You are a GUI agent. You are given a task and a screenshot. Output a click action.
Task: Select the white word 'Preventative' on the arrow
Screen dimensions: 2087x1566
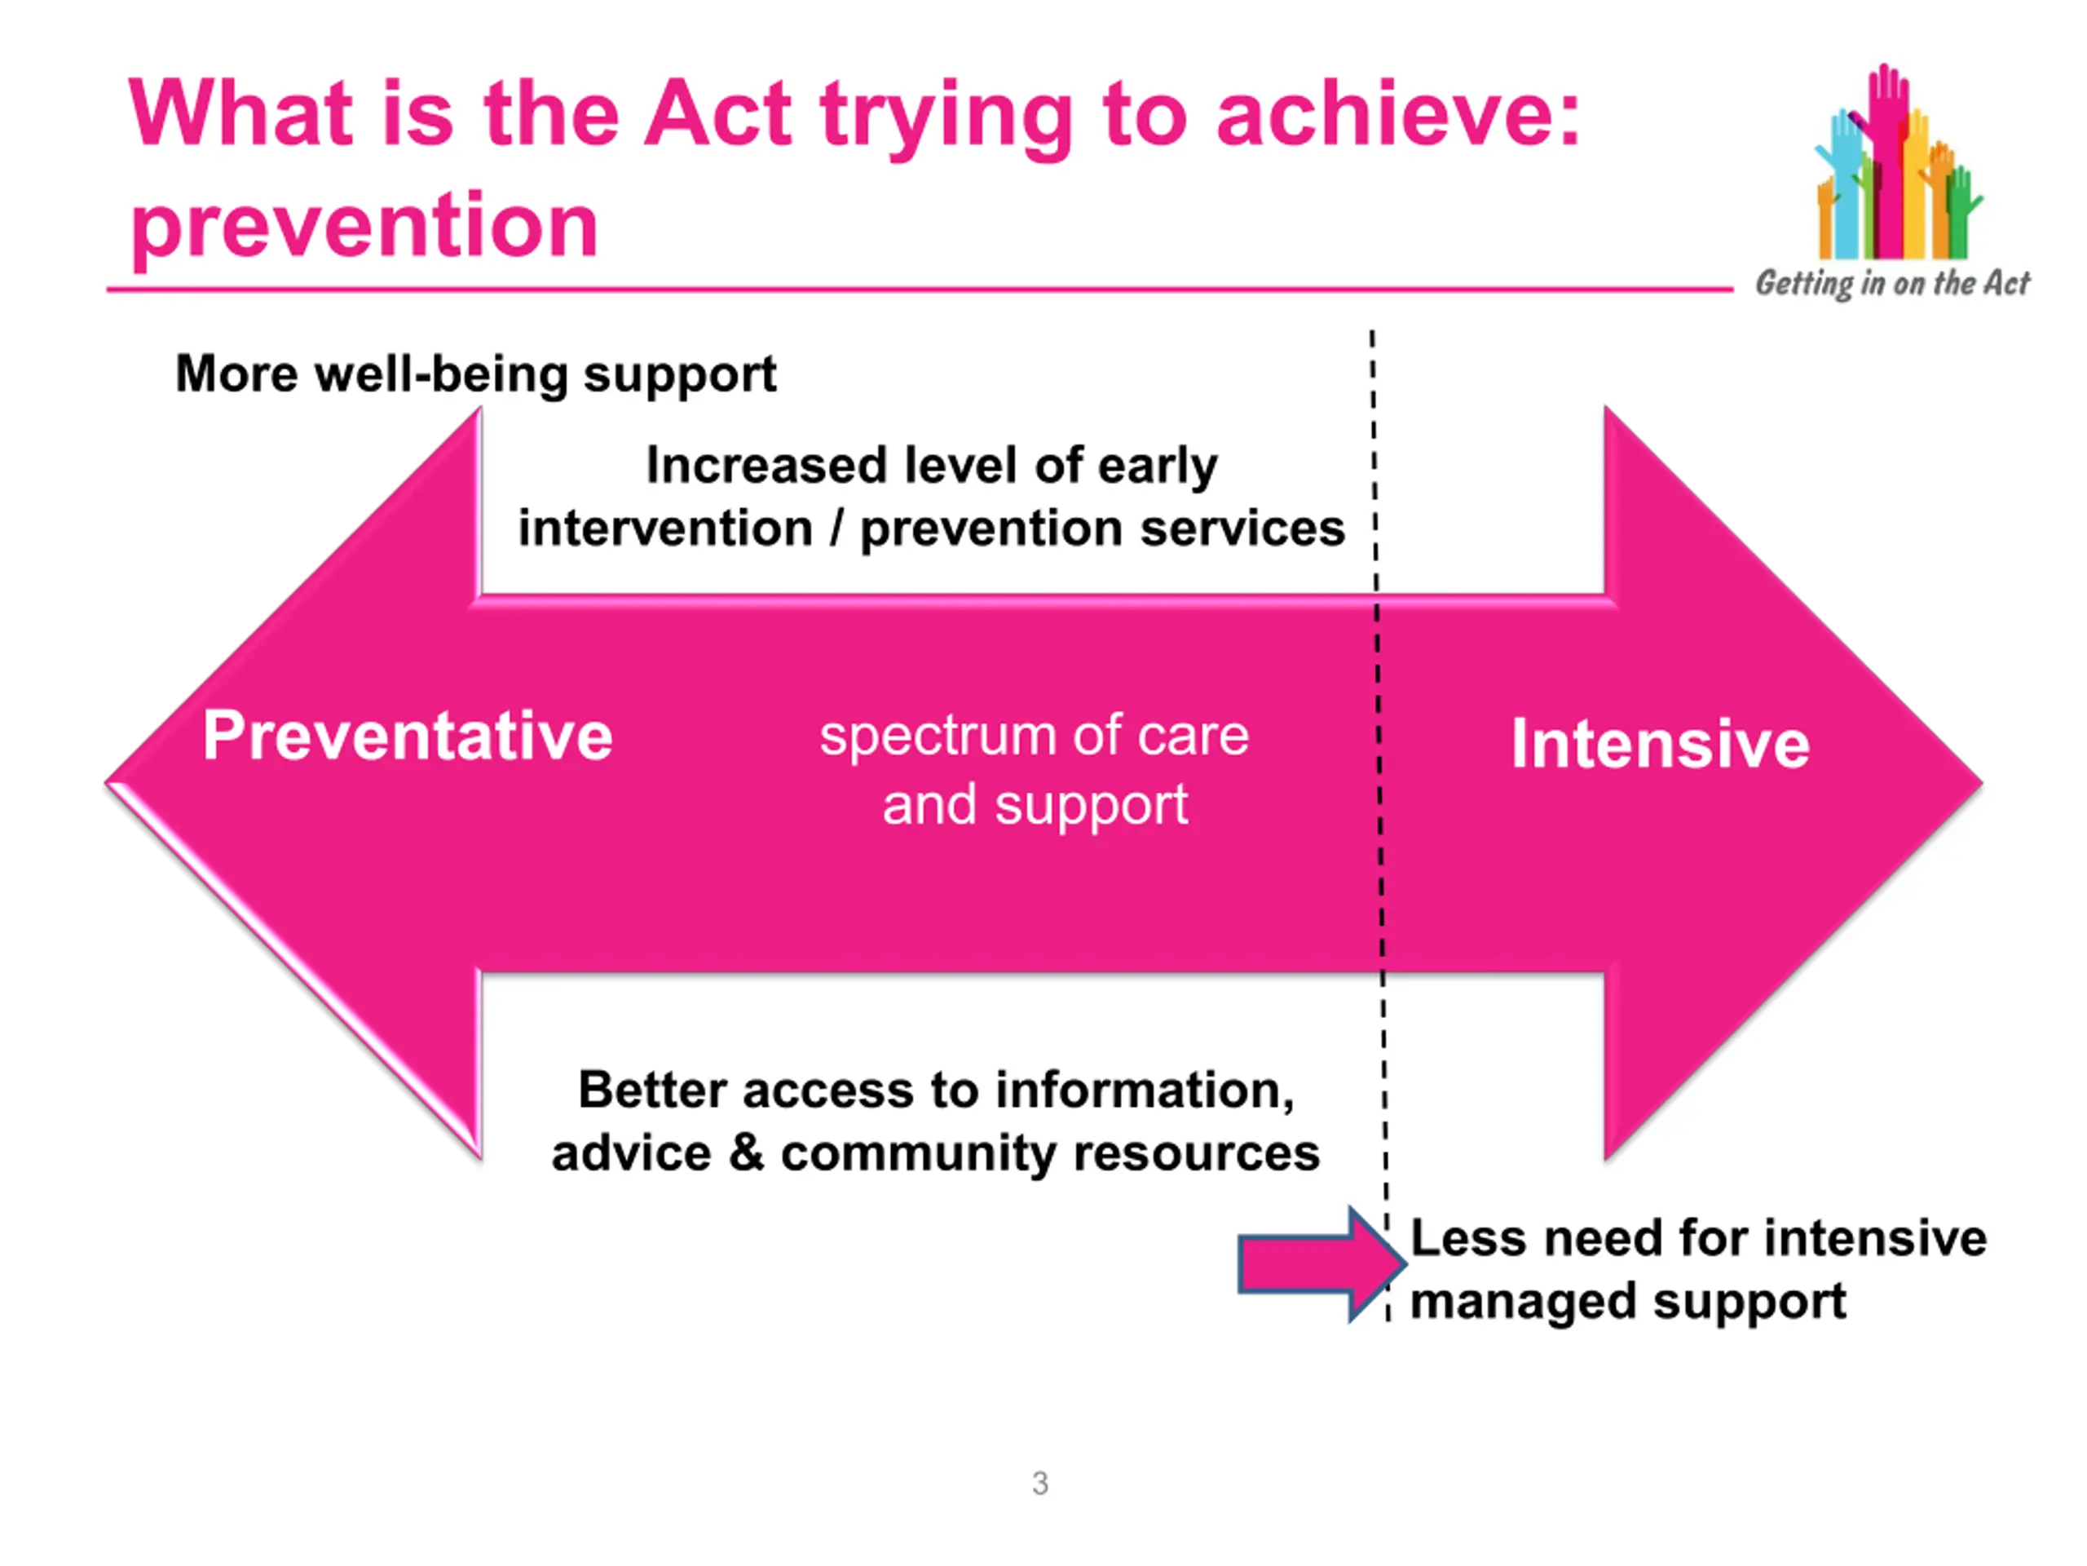coord(408,736)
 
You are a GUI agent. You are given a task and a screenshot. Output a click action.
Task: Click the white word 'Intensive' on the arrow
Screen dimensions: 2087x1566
coord(1661,744)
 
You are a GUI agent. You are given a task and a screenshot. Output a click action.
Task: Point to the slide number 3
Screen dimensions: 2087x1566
coord(1039,1484)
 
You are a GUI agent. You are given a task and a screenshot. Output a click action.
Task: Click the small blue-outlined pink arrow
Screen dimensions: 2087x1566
coord(1321,1265)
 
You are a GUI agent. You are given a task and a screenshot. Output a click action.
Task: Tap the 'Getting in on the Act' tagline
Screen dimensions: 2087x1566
coord(1891,283)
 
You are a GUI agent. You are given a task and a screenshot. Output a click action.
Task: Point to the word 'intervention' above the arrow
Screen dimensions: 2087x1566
coord(665,529)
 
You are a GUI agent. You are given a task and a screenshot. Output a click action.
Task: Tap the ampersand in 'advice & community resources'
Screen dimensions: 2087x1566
coord(746,1152)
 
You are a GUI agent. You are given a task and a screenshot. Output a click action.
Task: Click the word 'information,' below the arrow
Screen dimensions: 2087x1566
coord(1145,1091)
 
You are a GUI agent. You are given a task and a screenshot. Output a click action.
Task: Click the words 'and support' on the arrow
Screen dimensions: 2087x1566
coord(1035,806)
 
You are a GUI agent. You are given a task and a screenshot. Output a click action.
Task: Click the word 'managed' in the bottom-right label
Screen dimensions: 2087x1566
coord(1524,1303)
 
